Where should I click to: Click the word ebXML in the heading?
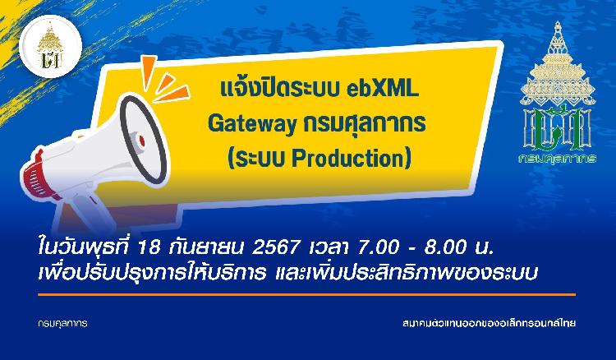point(383,89)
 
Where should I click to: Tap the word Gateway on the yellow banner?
point(252,125)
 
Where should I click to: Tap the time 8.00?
point(445,247)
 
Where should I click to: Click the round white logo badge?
point(50,46)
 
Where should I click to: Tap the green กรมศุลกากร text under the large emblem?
point(557,159)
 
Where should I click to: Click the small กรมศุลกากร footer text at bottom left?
point(63,324)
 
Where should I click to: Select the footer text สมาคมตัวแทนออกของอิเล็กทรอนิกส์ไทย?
point(490,324)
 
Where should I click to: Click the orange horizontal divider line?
point(307,294)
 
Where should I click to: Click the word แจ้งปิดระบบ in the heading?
point(281,89)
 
